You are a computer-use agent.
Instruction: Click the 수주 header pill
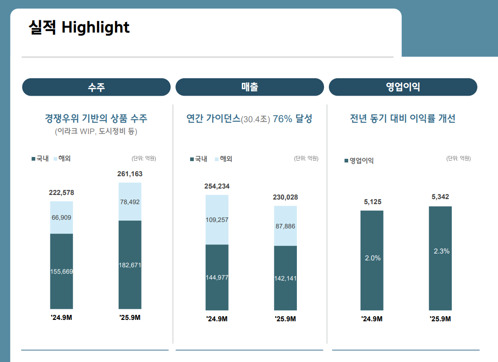click(x=96, y=87)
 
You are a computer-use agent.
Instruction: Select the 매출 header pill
click(x=250, y=87)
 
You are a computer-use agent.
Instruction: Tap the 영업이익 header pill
click(x=403, y=87)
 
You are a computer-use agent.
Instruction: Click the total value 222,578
click(x=61, y=193)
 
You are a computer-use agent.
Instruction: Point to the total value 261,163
click(x=130, y=174)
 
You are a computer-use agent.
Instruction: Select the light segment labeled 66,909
click(x=61, y=217)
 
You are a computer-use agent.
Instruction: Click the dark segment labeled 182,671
click(x=130, y=265)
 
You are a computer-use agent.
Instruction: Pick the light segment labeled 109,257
click(x=217, y=220)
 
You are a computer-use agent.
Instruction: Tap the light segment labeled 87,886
click(x=285, y=226)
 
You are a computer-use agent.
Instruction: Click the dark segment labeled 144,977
click(x=217, y=277)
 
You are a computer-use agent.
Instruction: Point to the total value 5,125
click(x=372, y=202)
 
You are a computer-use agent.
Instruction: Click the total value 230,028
click(x=285, y=197)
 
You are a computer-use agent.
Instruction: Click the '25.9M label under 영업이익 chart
click(x=440, y=319)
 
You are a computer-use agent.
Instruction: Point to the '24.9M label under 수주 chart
click(x=61, y=318)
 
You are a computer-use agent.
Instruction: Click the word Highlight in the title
click(x=95, y=27)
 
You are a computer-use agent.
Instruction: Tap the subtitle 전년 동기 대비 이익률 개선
click(x=403, y=119)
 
